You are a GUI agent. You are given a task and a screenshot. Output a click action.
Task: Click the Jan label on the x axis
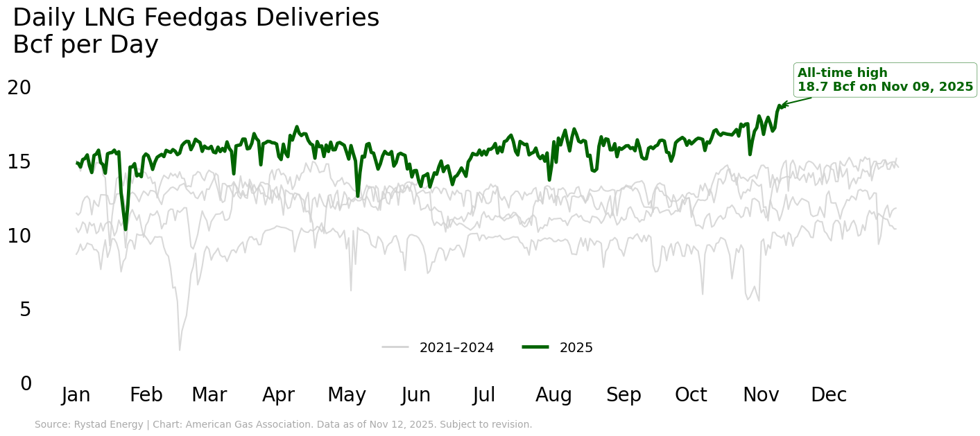click(x=76, y=395)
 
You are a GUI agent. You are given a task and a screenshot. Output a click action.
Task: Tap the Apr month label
click(x=278, y=395)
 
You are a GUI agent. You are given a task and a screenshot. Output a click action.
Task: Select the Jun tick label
click(x=416, y=395)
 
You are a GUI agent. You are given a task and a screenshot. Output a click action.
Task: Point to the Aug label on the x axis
click(x=553, y=395)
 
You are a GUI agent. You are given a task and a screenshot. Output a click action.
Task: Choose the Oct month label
click(x=691, y=395)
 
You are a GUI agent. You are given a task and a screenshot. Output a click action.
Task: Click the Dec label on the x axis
click(x=829, y=395)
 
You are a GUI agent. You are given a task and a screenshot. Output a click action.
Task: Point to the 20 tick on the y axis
click(x=19, y=88)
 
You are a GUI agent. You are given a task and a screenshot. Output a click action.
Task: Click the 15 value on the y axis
click(x=19, y=162)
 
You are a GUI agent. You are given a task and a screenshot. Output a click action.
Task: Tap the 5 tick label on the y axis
click(x=26, y=310)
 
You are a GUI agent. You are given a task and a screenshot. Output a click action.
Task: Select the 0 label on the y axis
click(x=26, y=383)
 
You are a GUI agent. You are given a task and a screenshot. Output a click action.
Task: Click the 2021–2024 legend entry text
click(x=456, y=348)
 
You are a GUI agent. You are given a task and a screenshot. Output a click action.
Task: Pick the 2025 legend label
click(x=576, y=348)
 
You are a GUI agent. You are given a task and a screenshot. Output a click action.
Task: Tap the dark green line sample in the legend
click(x=535, y=347)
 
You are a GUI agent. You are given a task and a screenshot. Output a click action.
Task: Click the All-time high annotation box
click(x=885, y=80)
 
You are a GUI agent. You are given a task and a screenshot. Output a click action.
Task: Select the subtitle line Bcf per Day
click(x=85, y=45)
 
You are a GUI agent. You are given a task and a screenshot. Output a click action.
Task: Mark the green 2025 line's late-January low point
click(x=126, y=229)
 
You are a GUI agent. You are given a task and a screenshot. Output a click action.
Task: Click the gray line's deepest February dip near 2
click(x=180, y=349)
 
